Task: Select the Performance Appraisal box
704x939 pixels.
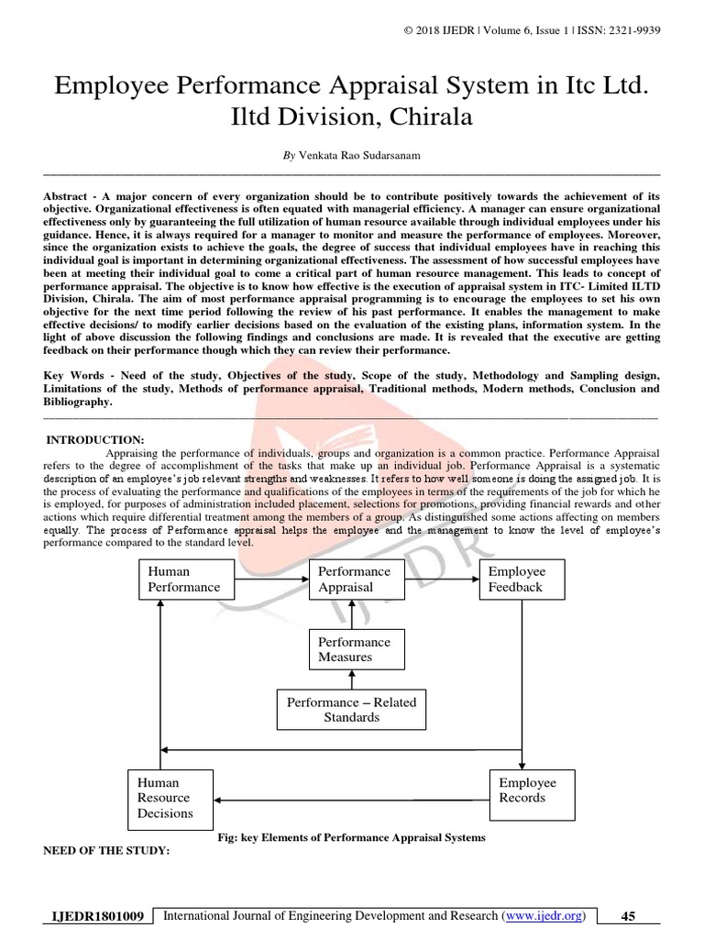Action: tap(355, 579)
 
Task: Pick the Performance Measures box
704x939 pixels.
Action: tap(355, 649)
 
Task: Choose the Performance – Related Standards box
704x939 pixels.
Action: tap(351, 709)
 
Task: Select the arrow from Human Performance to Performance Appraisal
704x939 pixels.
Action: tap(265, 579)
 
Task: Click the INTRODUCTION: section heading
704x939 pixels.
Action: tap(95, 440)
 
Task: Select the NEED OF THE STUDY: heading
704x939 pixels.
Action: tap(107, 850)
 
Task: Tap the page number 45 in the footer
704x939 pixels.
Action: tap(628, 916)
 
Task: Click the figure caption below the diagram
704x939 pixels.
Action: tap(351, 837)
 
